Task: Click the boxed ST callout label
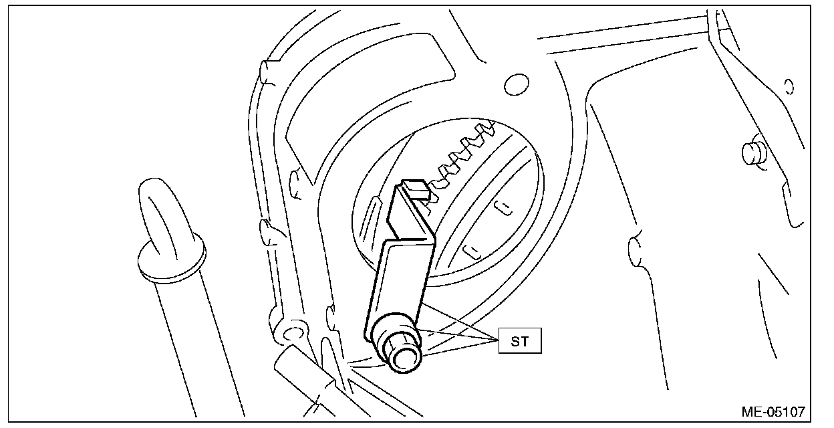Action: coord(520,342)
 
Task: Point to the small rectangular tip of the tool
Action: coord(415,189)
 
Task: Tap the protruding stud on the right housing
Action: coord(753,151)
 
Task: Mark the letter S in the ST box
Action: coord(515,342)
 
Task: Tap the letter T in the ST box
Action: coord(525,342)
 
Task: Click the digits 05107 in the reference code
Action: coord(783,411)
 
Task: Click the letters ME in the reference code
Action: coord(750,411)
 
